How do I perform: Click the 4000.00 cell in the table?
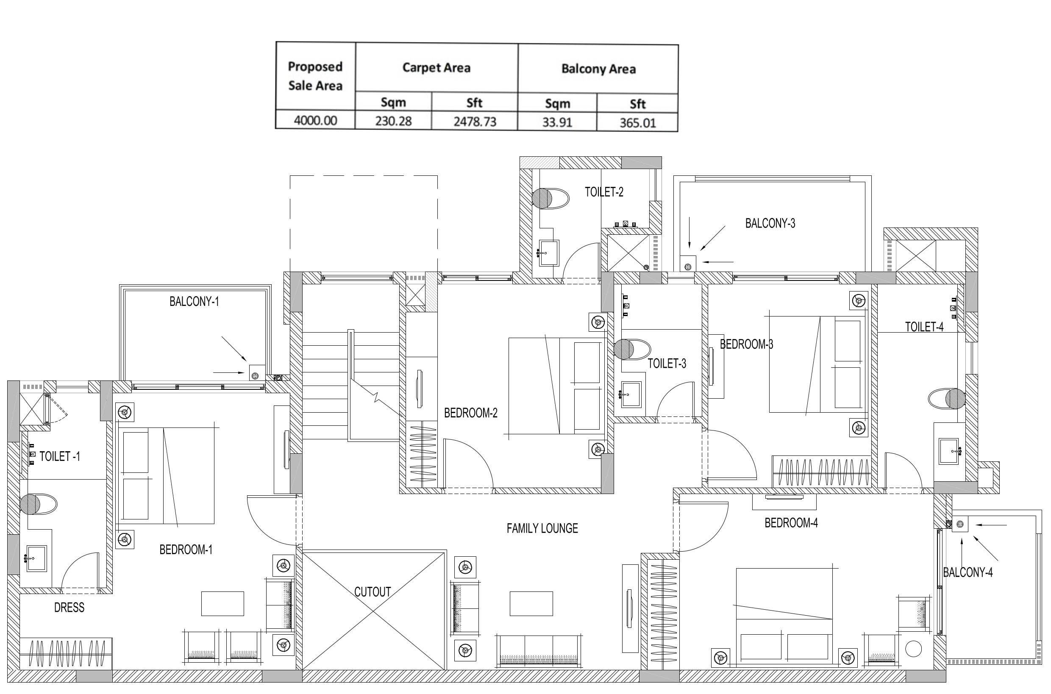[315, 120]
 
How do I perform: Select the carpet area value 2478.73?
[475, 122]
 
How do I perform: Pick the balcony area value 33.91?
[557, 122]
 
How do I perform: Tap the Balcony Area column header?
[598, 69]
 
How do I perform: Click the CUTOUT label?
[373, 592]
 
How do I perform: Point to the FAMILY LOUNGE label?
[542, 528]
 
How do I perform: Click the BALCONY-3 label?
[770, 224]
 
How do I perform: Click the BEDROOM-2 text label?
[470, 413]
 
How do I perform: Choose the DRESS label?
[69, 608]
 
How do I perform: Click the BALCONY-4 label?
[968, 572]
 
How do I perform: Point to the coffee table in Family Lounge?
[531, 604]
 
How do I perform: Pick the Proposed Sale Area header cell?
[315, 76]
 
